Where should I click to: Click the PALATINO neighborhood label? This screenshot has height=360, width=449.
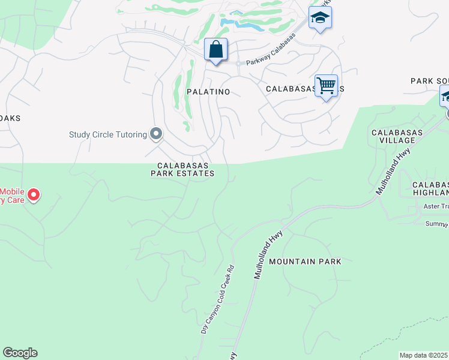208,92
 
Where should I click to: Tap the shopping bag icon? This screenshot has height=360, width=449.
215,50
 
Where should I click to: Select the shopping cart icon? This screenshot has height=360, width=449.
326,85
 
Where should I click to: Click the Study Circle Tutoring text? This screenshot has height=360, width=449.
108,134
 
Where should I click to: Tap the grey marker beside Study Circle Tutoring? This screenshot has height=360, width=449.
156,134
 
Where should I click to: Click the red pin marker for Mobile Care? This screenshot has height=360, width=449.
34,194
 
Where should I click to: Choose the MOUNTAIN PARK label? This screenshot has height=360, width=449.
305,262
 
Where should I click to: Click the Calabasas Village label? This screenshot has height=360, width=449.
397,136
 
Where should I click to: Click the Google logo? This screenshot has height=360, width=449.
20,353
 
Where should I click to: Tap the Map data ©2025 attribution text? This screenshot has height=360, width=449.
424,355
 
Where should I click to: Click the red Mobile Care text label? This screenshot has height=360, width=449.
12,196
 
